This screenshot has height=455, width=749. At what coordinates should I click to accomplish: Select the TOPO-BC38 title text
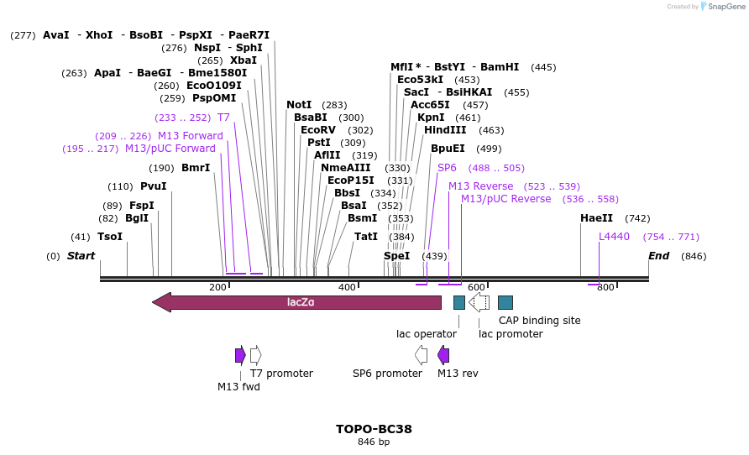pos(374,429)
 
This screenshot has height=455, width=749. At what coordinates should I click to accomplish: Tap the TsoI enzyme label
pos(110,237)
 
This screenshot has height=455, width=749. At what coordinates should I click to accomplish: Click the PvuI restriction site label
pos(154,186)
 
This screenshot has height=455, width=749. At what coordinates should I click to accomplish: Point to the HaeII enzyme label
pos(596,218)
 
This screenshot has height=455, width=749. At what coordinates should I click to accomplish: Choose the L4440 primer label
pos(614,237)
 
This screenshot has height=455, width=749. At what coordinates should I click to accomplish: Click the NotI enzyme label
pos(299,105)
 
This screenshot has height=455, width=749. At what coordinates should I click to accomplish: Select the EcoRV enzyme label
pos(318,130)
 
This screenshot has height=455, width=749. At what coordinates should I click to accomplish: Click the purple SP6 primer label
pos(447,168)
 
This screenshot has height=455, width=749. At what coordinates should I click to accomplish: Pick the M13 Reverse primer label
pos(480,186)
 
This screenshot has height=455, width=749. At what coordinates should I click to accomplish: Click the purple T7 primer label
pos(223,118)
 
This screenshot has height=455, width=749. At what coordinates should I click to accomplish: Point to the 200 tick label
pos(218,288)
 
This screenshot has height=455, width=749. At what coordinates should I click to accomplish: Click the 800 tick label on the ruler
pos(606,288)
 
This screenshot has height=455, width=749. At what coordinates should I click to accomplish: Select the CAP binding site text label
pos(540,321)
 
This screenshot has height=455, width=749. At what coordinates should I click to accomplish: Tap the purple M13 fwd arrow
pos(240,355)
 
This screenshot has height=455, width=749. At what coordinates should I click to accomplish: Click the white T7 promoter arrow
pos(256,355)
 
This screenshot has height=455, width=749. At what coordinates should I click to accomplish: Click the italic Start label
pos(81,256)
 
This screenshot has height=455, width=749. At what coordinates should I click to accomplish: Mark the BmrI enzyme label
pos(196,168)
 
